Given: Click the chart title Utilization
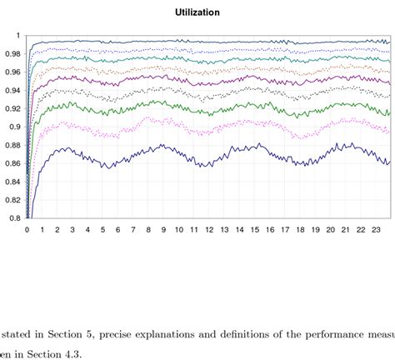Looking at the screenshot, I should tap(197, 12).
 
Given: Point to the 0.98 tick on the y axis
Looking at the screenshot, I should tap(14, 53).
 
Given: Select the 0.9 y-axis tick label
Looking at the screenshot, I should tap(16, 127).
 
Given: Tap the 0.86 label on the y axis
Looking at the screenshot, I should tap(14, 163).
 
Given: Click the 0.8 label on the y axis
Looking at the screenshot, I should tap(16, 218).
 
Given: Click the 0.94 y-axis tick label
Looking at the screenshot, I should tap(14, 90).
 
